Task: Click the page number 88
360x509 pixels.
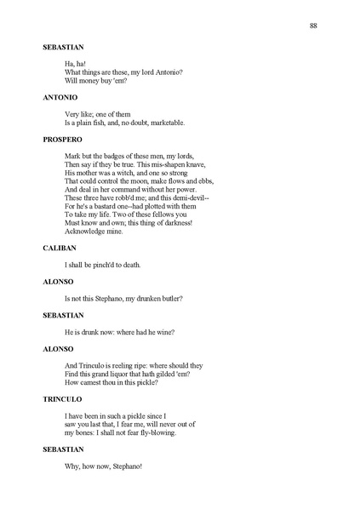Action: click(x=314, y=26)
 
